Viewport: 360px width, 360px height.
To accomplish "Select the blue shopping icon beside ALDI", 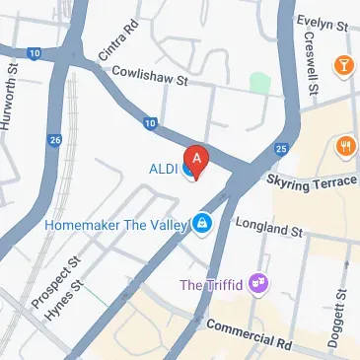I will (x=186, y=170).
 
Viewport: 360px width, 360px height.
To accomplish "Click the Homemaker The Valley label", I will (x=116, y=224).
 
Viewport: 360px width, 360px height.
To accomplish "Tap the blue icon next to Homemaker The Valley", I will (x=202, y=224).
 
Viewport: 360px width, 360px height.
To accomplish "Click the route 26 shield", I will (x=55, y=140).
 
